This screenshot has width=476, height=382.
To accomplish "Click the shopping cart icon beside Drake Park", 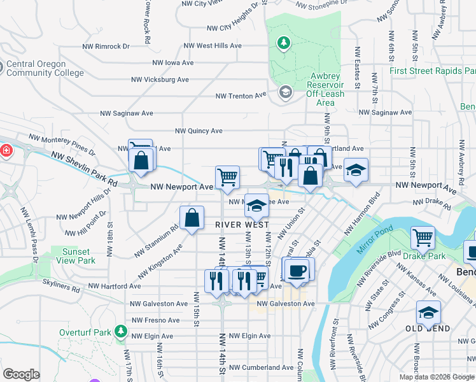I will coord(423,238).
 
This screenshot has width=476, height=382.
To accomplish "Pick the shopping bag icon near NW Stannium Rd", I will coord(192,218).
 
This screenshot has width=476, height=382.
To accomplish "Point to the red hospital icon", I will coord(6,151).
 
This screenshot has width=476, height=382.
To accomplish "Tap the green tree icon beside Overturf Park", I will coord(120,332).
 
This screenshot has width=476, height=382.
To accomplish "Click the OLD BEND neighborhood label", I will coord(428,329).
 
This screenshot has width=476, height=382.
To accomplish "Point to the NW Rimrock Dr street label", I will coord(106,46).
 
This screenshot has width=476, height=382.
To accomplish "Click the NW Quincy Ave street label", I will coord(199,131).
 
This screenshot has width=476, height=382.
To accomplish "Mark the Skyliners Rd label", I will coord(57,289).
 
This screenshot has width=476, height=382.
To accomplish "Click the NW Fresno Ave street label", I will coord(156,320).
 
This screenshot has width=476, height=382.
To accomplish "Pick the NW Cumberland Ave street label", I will coord(262,367).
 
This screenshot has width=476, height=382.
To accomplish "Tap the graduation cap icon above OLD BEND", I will coord(428,313).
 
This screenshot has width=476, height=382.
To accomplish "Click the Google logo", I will coord(21,374).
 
